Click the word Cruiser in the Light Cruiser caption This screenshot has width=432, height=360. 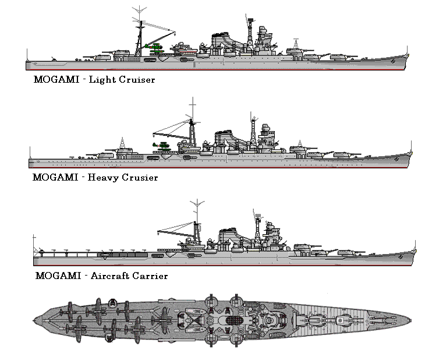click(x=139, y=79)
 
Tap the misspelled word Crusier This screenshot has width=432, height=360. click(x=140, y=177)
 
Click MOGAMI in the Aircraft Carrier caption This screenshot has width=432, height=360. click(x=61, y=275)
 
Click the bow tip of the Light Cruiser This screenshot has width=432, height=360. click(x=409, y=55)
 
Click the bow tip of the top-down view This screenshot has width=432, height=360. click(x=412, y=317)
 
